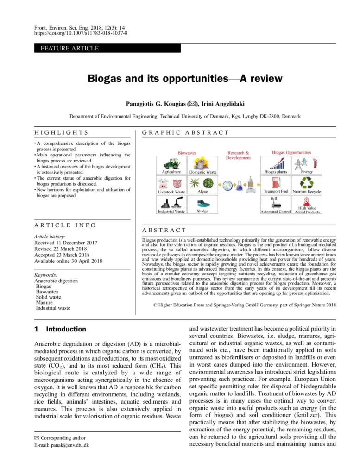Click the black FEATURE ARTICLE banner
[x=107, y=48]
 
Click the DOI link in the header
[x=81, y=34]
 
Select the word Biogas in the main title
[x=106, y=78]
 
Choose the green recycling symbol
[x=307, y=182]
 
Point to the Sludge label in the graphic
[x=202, y=212]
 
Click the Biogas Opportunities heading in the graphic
[x=291, y=152]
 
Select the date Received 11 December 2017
[x=66, y=243]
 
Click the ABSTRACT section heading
[x=164, y=230]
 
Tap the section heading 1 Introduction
[x=60, y=329]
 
